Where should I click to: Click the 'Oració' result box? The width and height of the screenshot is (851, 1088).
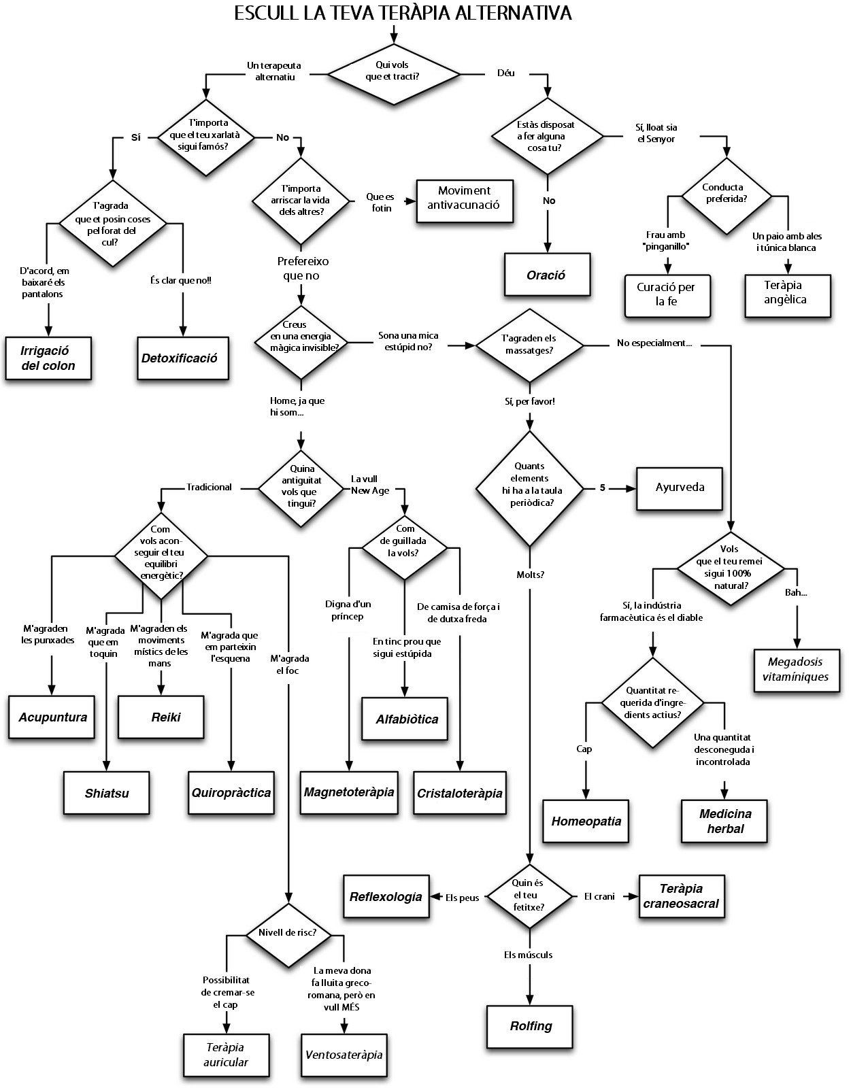pos(546,275)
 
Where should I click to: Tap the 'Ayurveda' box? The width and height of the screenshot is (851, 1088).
pos(679,488)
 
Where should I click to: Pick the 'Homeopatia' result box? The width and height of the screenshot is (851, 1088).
pos(586,821)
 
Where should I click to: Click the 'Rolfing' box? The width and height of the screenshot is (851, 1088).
pos(531,1026)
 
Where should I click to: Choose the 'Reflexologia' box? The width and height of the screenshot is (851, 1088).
pos(386,897)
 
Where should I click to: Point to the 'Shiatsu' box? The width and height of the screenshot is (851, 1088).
pos(107,793)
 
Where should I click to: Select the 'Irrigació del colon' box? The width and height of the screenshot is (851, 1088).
pos(48,358)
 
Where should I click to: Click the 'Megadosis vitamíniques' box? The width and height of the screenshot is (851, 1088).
pos(795,669)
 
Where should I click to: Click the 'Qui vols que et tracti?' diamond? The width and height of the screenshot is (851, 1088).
pos(393,71)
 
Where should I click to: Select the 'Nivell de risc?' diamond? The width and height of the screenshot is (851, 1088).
pos(288,932)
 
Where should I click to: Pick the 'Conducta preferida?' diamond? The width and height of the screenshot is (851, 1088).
pos(726,193)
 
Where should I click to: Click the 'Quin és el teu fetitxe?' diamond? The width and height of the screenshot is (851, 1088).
pos(529,896)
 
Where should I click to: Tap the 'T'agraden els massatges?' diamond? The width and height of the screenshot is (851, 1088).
pos(529,344)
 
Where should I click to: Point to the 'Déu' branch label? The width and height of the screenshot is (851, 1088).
pos(505,73)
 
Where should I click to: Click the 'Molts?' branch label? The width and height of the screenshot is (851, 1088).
pos(530,575)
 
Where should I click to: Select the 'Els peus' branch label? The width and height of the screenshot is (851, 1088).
pos(462,898)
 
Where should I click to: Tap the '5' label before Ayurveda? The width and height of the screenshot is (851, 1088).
pos(602,488)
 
